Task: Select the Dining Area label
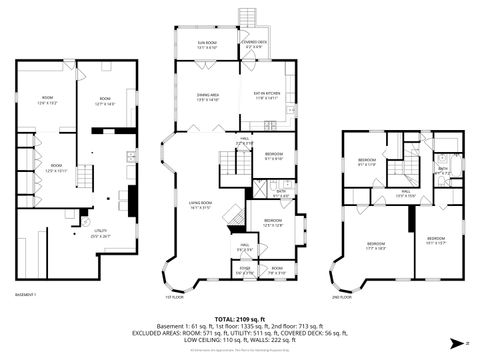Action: [x=207, y=96]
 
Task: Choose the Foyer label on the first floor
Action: [x=245, y=269]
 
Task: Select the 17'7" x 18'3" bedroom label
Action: [x=378, y=246]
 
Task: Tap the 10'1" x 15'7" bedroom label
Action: [x=435, y=240]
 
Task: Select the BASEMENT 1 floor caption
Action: [x=26, y=295]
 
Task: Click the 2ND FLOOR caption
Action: [x=344, y=295]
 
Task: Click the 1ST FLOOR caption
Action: [x=176, y=295]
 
